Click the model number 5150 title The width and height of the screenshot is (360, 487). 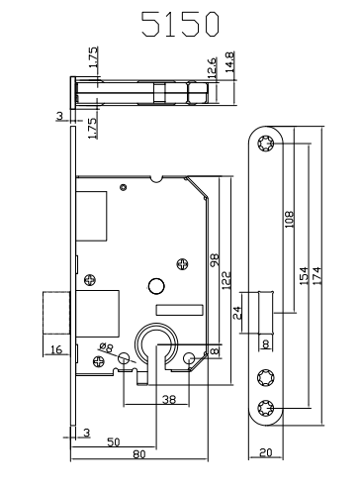[180, 24]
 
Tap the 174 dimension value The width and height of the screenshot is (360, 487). [316, 276]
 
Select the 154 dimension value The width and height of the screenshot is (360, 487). [304, 276]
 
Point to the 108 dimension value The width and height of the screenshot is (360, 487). [289, 220]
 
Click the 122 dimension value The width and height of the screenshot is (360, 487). [226, 280]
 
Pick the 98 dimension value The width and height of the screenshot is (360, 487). [215, 260]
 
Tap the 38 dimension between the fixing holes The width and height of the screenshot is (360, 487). [169, 400]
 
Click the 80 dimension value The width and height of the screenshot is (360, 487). [139, 454]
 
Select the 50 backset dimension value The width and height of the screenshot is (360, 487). [114, 441]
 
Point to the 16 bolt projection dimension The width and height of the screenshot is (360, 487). [56, 349]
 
